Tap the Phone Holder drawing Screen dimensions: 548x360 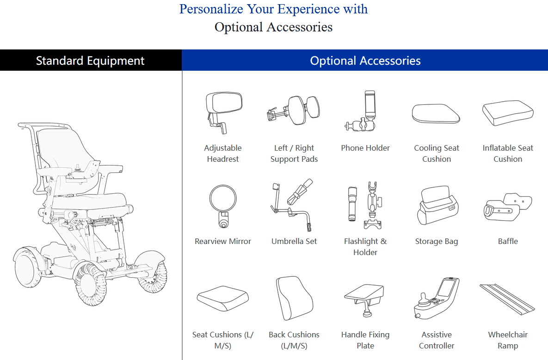(x=363, y=111)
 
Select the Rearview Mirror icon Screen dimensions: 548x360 (x=223, y=206)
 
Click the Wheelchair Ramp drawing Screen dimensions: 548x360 (x=507, y=299)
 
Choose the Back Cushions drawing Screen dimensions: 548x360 (x=294, y=298)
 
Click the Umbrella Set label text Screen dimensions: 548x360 (x=294, y=241)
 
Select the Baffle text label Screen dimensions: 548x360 (x=508, y=241)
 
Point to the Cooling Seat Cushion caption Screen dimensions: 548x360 (x=437, y=153)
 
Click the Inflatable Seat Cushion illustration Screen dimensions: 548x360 (x=508, y=113)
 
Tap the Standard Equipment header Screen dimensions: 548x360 (x=90, y=61)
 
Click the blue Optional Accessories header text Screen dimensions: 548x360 (x=365, y=61)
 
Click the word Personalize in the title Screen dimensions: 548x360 (x=211, y=9)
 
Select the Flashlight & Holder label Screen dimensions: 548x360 (x=365, y=247)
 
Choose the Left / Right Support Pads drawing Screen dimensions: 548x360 (x=294, y=110)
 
